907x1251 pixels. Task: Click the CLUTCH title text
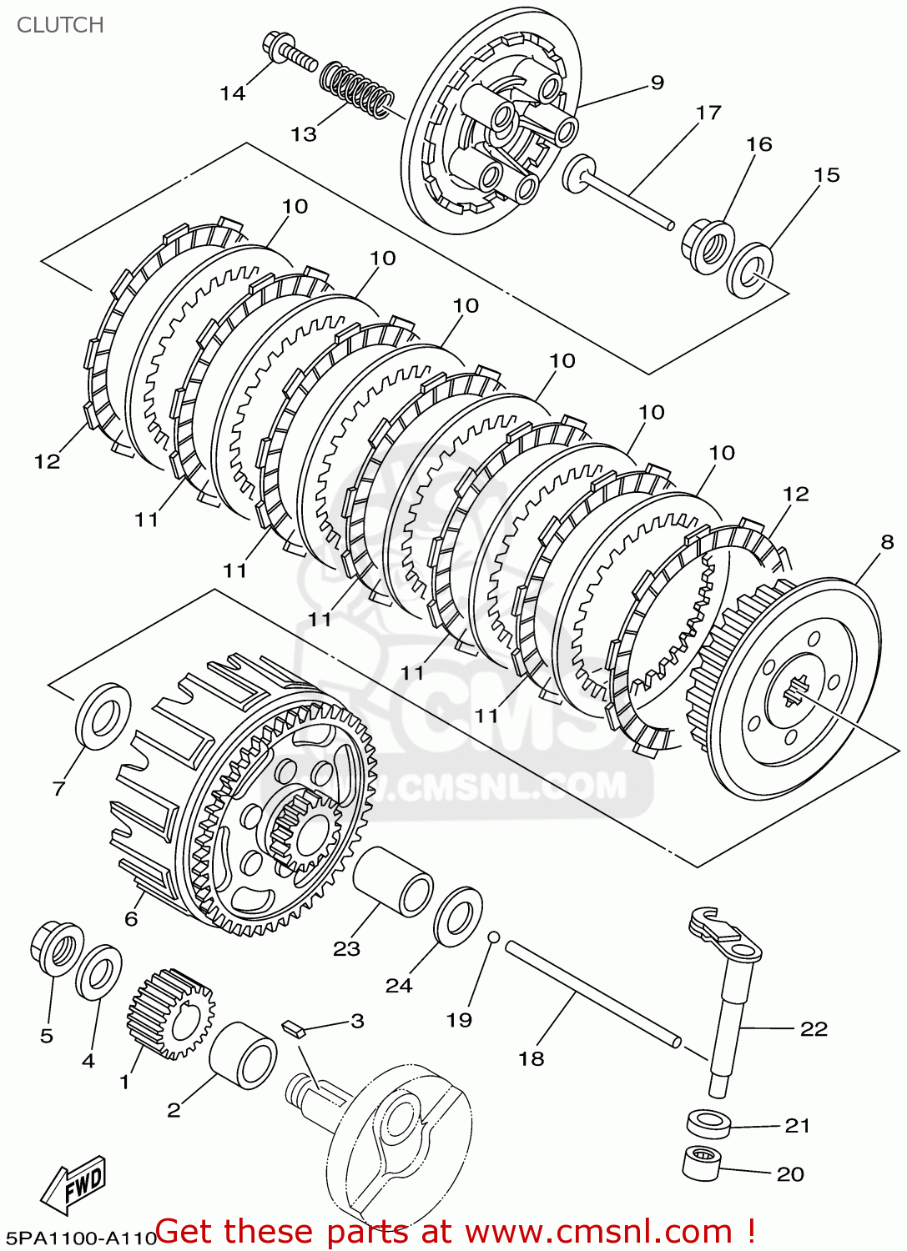click(x=60, y=25)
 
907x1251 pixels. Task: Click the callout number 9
click(x=658, y=82)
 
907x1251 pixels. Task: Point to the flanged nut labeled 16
click(x=708, y=244)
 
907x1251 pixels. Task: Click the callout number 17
click(x=708, y=112)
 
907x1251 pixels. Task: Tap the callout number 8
click(x=887, y=542)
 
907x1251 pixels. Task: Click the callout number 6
click(x=131, y=918)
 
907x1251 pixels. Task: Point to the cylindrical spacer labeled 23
click(x=393, y=882)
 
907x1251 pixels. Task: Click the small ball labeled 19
click(x=493, y=937)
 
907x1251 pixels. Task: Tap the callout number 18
click(x=532, y=1058)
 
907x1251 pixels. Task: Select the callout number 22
click(x=814, y=1029)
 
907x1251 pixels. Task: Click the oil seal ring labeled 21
click(x=708, y=1123)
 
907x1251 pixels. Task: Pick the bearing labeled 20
click(x=702, y=1163)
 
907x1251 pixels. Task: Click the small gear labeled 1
click(x=171, y=1013)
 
